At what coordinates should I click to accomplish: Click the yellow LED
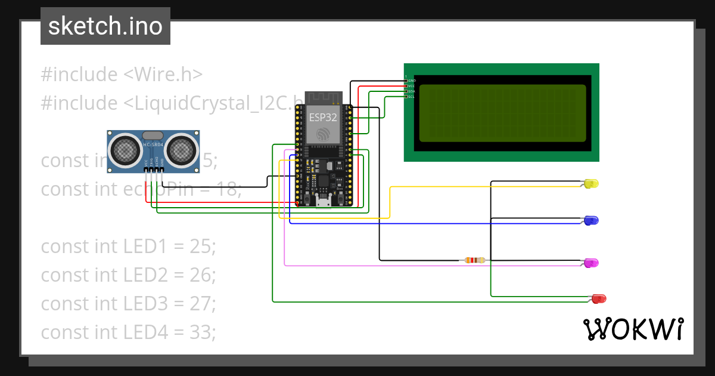point(591,184)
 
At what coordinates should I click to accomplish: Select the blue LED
point(591,221)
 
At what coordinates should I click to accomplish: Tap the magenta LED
point(591,263)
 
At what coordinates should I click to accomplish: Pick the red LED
point(598,298)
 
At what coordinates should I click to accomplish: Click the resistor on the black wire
point(474,260)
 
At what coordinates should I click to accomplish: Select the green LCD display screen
point(502,113)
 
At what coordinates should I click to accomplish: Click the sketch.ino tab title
point(105,26)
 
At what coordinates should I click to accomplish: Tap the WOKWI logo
point(632,329)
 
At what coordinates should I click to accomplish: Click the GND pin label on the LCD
point(411,80)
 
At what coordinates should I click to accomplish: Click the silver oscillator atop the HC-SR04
point(153,136)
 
